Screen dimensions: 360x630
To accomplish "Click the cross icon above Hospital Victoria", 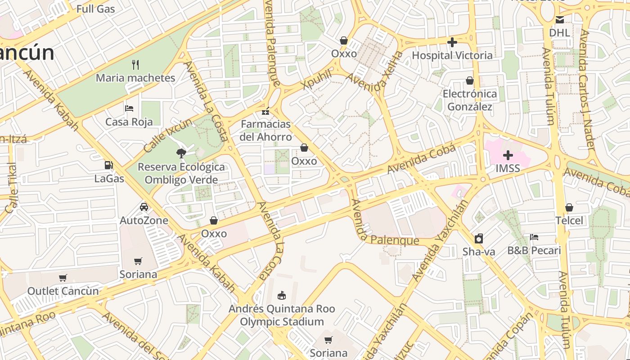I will pos(452,42).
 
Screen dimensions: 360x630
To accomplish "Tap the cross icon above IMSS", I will pos(508,156).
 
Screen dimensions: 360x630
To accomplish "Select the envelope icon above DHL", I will pos(559,20).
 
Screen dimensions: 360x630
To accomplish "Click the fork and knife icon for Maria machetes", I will pos(135,65).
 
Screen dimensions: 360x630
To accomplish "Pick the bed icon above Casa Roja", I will pos(129,108).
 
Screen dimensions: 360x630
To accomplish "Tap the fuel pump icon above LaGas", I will pos(108,166).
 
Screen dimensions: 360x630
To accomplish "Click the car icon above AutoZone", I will pos(144,207).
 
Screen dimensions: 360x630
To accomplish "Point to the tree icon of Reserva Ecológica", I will pos(181,153).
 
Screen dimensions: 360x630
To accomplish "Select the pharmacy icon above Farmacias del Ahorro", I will pos(265,111).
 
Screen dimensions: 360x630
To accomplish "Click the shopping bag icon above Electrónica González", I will pos(470,81).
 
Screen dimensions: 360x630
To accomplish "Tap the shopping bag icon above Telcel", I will pos(569,207).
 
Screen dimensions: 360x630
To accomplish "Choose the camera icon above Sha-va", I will pos(479,238).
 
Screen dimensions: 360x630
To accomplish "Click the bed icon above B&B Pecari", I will pos(534,237).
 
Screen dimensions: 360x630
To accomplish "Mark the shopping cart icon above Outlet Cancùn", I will pos(63,278).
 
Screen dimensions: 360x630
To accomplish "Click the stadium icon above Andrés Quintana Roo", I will pos(282,296).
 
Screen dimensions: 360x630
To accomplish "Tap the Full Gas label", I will pos(95,9).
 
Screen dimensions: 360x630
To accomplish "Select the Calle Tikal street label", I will pos(12,188).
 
